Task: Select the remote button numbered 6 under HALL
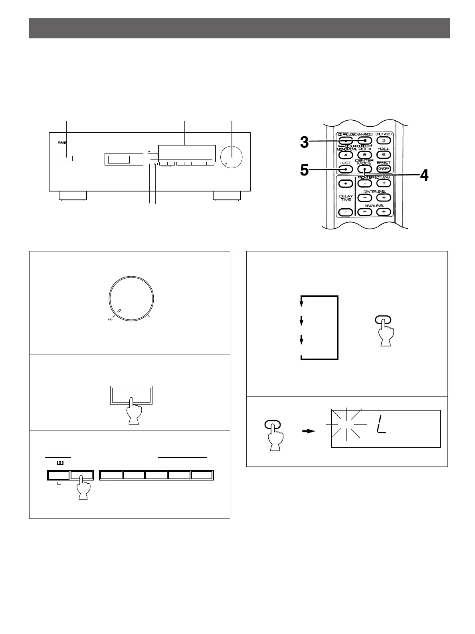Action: click(384, 155)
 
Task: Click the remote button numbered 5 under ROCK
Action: click(364, 155)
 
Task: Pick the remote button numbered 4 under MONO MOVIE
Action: click(345, 155)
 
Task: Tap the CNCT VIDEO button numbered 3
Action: click(384, 140)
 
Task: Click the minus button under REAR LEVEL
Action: click(364, 212)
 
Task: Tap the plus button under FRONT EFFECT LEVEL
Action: click(384, 183)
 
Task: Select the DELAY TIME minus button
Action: click(346, 212)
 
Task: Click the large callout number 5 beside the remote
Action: click(305, 171)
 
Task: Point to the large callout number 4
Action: click(424, 175)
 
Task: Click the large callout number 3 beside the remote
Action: click(305, 142)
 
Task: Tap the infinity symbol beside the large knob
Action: click(110, 319)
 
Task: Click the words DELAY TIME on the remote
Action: click(346, 198)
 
